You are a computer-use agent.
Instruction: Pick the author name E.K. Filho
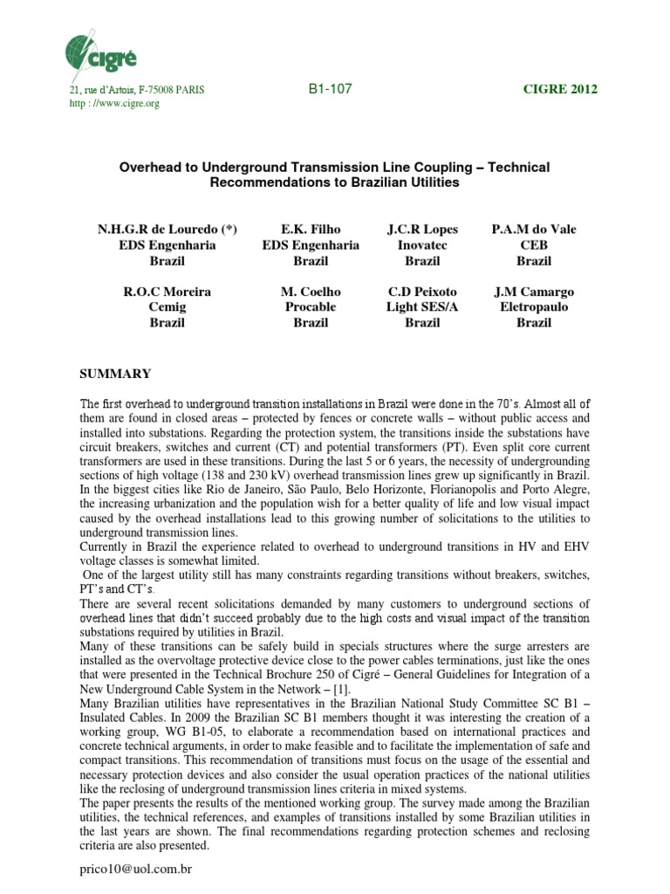[x=311, y=230]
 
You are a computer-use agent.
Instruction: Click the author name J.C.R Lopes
[x=422, y=230]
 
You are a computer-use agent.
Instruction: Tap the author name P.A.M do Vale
[x=534, y=230]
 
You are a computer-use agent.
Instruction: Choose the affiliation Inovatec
[x=422, y=245]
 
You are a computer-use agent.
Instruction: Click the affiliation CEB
[x=534, y=245]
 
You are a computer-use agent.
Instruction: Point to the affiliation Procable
[x=311, y=307]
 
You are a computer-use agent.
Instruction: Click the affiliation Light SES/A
[x=422, y=307]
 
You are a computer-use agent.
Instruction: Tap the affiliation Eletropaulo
[x=534, y=307]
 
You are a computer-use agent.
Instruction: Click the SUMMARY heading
[x=115, y=374]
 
